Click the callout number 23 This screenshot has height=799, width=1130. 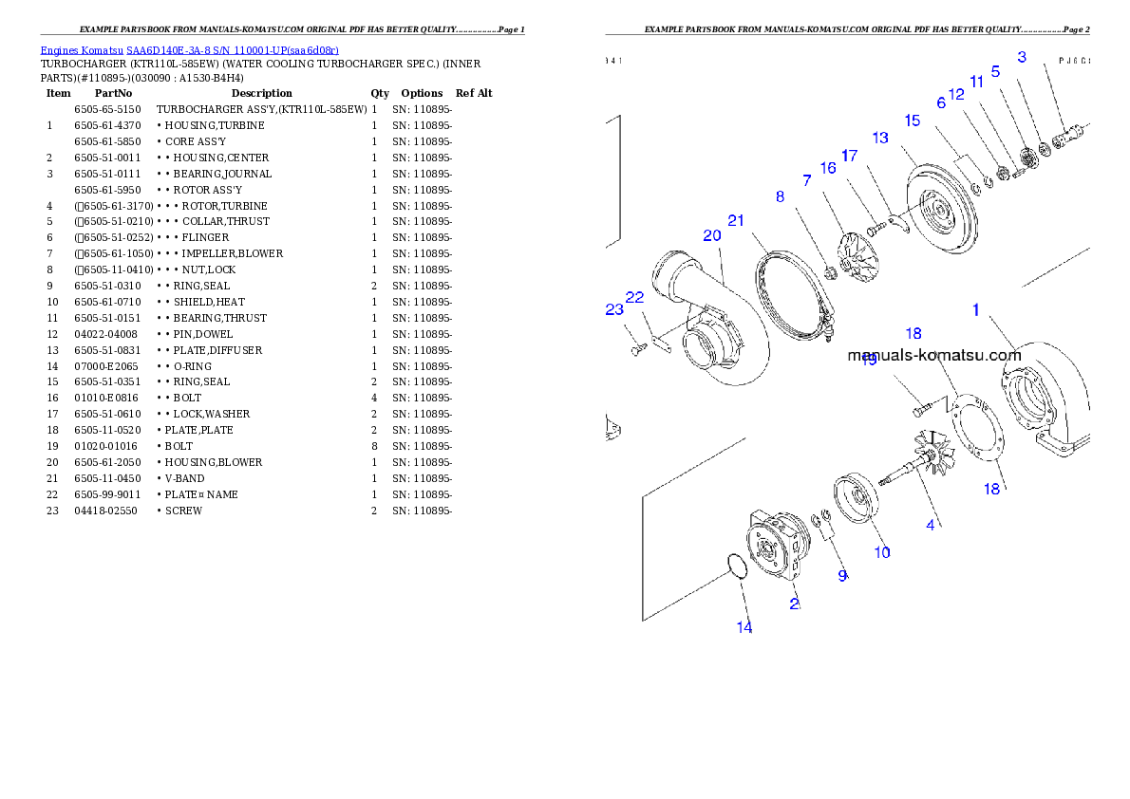click(x=614, y=310)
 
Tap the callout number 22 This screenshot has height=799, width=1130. click(x=635, y=298)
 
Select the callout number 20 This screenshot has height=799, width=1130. click(x=712, y=236)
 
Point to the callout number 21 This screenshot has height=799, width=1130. click(x=736, y=221)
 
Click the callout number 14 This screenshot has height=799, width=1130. click(x=744, y=627)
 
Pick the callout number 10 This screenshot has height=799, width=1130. click(x=882, y=552)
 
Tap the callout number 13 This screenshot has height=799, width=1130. click(x=880, y=139)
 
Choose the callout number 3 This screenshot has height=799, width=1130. click(x=1022, y=58)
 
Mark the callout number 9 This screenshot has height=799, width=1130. click(x=842, y=576)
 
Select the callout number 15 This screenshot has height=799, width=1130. click(x=913, y=121)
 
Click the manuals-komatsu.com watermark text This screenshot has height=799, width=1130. click(x=933, y=357)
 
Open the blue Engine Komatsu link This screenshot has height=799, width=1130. click(x=189, y=50)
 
